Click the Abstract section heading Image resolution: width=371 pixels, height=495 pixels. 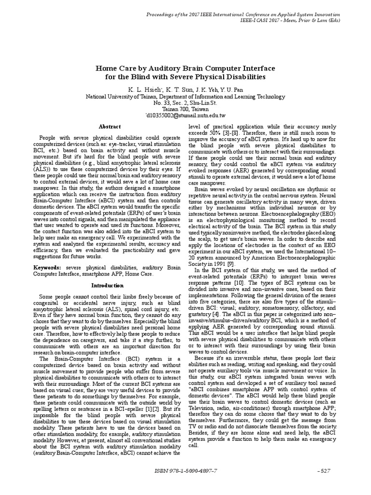[x=110, y=127]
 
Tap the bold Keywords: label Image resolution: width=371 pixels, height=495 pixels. [x=47, y=267]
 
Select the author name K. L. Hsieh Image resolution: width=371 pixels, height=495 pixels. [x=143, y=89]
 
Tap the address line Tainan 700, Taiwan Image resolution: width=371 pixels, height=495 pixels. [x=185, y=110]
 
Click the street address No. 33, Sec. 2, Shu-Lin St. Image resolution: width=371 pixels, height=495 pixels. [x=185, y=103]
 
